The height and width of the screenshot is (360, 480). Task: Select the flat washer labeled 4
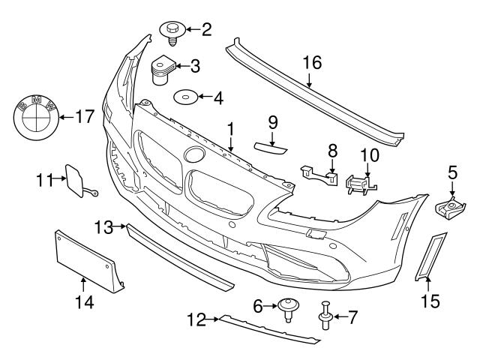(x=183, y=97)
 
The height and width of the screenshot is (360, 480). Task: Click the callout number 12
(x=196, y=320)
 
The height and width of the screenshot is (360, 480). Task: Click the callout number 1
(x=231, y=128)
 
